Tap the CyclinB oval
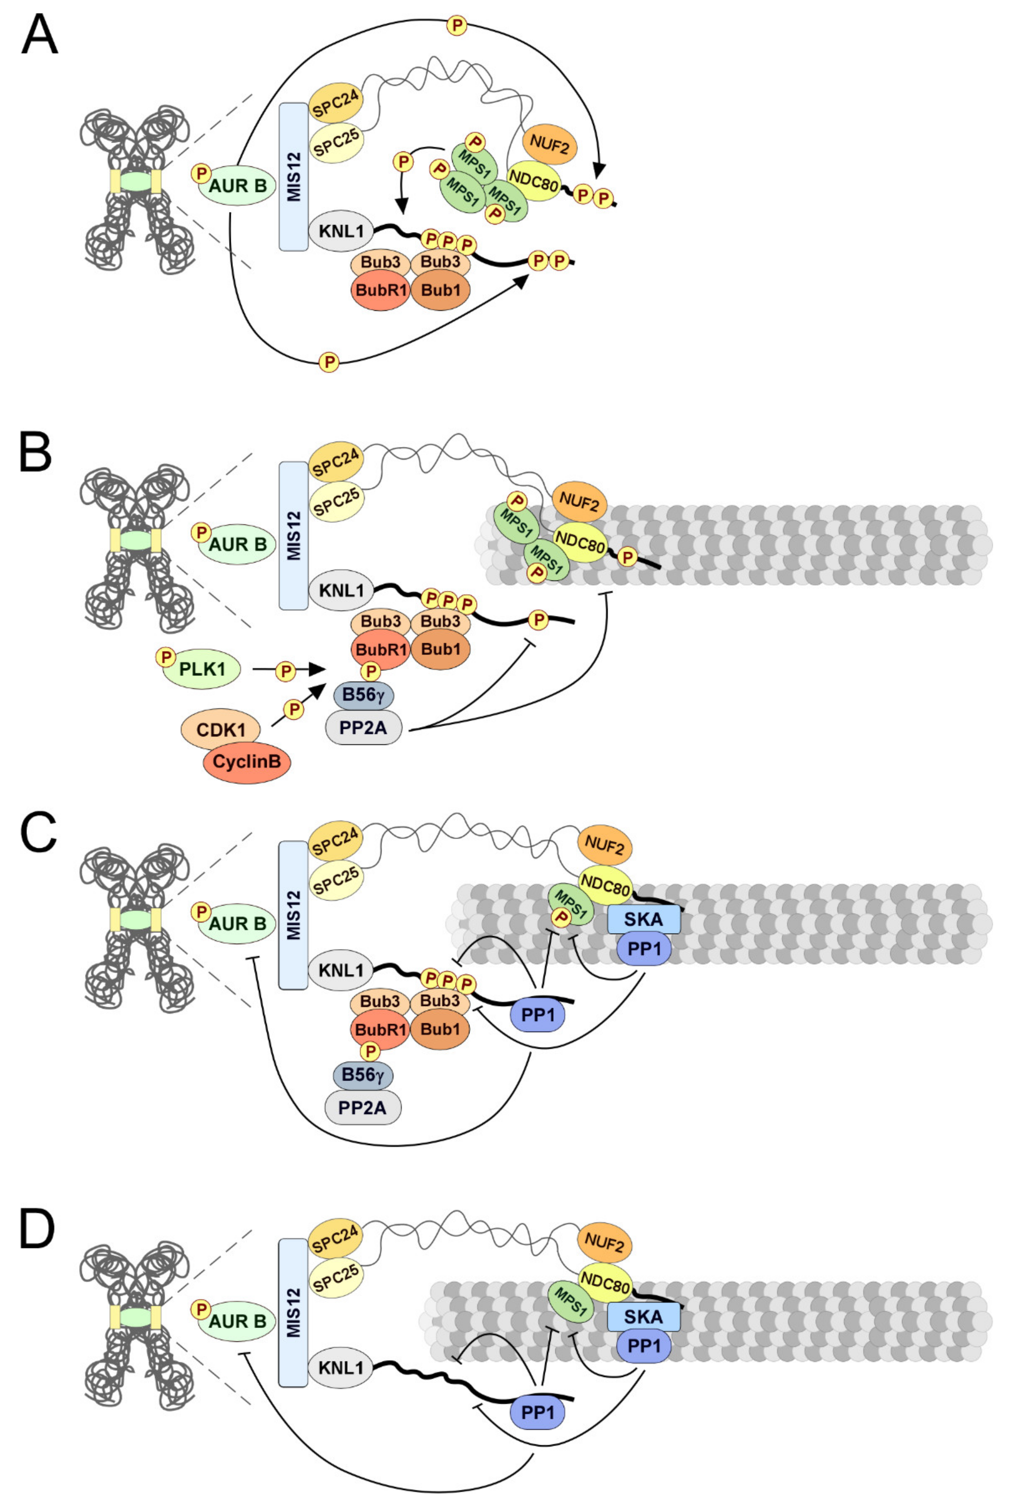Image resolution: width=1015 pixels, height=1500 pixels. [x=247, y=762]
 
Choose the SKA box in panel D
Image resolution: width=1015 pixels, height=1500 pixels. [x=643, y=1317]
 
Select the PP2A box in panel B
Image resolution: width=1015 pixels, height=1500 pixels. [x=363, y=727]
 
